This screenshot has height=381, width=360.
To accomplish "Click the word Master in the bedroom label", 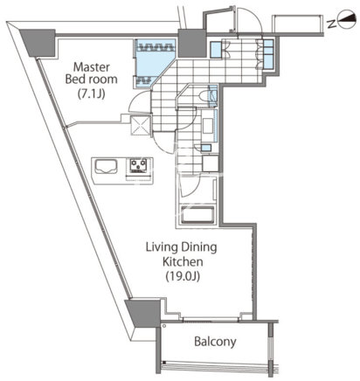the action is [x=92, y=67].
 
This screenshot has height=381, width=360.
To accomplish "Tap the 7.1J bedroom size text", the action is [x=91, y=94].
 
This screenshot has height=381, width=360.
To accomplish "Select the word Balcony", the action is [x=215, y=342].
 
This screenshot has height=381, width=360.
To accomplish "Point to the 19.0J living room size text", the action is [x=183, y=276].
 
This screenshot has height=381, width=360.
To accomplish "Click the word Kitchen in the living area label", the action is [x=183, y=261].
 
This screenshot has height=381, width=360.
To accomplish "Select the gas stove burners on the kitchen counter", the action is [x=138, y=166].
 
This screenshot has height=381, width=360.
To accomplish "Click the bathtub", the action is [x=197, y=215].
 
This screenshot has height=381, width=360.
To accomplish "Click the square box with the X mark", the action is [x=141, y=125].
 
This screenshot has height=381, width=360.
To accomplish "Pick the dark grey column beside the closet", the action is [x=192, y=43].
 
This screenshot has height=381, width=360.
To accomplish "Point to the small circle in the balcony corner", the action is [x=164, y=326].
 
